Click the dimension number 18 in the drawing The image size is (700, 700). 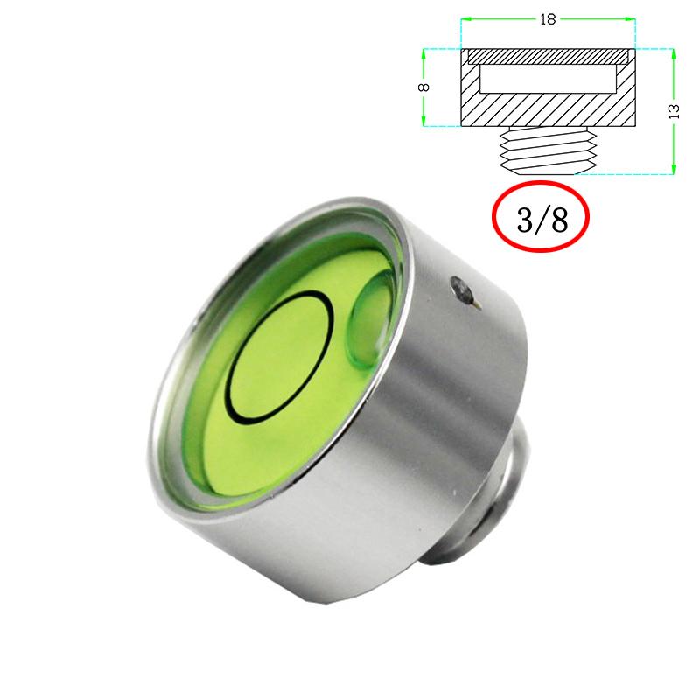tap(549, 19)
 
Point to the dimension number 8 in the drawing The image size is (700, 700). tap(423, 87)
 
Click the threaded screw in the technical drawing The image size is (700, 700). tap(547, 150)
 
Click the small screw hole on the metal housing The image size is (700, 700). tap(461, 287)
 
